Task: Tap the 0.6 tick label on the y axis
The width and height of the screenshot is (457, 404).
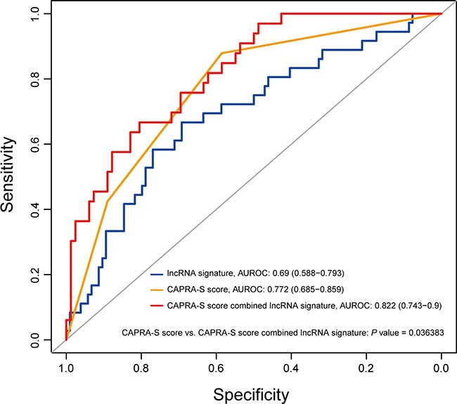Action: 36,144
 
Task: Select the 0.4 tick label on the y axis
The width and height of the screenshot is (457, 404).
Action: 36,209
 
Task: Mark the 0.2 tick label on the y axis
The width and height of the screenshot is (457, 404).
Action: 36,275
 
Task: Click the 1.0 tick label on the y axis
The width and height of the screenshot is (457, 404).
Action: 36,13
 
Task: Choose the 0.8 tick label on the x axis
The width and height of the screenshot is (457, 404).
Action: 141,366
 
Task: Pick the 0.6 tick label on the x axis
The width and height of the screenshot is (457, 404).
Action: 216,366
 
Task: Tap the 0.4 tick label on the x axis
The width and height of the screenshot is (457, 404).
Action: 291,366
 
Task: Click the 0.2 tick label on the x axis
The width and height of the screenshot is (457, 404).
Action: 366,366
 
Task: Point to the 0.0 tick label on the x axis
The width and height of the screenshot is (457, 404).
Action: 441,366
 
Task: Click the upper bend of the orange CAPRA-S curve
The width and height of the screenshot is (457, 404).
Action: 222,53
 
